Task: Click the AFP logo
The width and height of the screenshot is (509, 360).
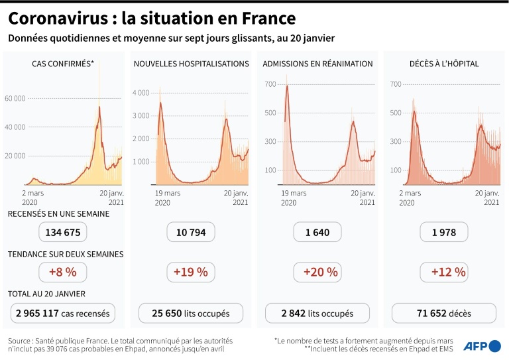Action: (482, 345)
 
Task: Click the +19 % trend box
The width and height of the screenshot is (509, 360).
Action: (190, 272)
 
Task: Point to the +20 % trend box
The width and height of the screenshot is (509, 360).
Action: (317, 272)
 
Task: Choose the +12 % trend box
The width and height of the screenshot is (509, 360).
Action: (444, 272)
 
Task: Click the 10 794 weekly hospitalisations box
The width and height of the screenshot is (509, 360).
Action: (190, 232)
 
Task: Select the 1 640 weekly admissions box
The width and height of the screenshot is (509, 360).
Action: (317, 232)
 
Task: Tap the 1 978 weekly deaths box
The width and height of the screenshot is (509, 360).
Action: (444, 232)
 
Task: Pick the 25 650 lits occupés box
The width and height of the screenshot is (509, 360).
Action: (190, 313)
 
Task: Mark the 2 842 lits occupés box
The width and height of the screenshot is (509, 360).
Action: (317, 313)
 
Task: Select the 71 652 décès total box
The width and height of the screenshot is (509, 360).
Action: (444, 313)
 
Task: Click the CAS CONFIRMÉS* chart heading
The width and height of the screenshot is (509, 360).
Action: (63, 64)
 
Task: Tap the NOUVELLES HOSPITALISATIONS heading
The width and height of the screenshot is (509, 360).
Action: (191, 64)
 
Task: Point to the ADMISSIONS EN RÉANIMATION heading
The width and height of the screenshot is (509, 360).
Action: (317, 64)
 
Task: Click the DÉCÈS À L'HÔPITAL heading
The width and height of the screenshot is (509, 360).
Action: (444, 64)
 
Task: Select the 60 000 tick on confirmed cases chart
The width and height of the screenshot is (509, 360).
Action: (15, 98)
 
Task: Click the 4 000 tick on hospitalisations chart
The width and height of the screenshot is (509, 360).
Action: (141, 93)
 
